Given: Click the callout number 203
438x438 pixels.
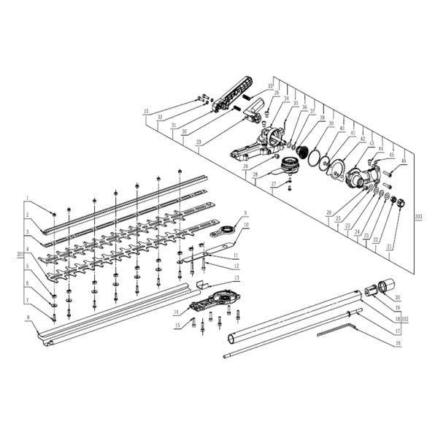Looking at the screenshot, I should (x=418, y=218).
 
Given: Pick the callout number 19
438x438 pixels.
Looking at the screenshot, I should (x=397, y=310).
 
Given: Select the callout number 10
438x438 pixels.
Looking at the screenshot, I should (x=246, y=226).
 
